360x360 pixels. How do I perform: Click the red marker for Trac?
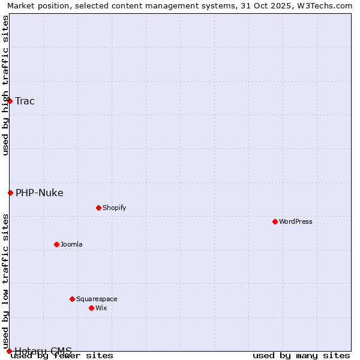(x=10, y=101)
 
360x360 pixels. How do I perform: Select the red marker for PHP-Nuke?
(x=10, y=193)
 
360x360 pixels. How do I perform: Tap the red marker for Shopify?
(x=98, y=208)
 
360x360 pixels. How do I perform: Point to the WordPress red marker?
(x=275, y=221)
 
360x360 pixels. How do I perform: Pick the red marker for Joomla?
(x=56, y=244)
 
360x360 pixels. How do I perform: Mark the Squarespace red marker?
(x=72, y=299)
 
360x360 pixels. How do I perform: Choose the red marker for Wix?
(x=91, y=308)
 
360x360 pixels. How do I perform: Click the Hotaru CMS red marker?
(x=9, y=351)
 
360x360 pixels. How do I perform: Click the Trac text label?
(x=25, y=101)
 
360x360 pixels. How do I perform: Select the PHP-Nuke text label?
(x=40, y=193)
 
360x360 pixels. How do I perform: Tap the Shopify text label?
(x=115, y=208)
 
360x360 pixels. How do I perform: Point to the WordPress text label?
(x=296, y=221)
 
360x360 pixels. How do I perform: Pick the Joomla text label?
(x=71, y=244)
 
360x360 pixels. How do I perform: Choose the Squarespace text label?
(x=97, y=299)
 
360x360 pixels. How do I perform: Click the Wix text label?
(x=101, y=308)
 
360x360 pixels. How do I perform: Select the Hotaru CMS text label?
(x=43, y=350)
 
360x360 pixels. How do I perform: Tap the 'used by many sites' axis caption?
(x=301, y=356)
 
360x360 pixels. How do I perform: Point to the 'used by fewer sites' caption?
(x=62, y=356)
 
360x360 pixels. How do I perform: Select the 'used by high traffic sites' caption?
(x=5, y=86)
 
